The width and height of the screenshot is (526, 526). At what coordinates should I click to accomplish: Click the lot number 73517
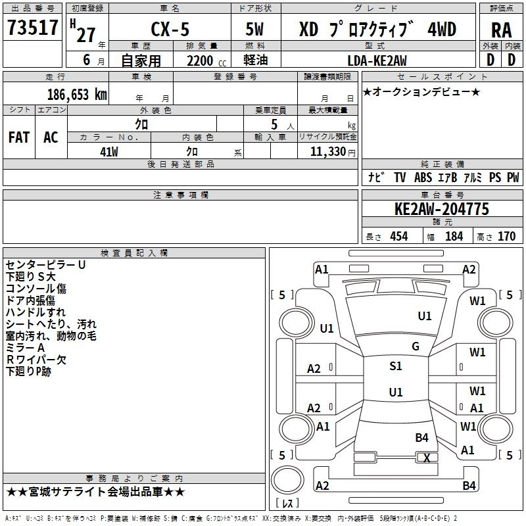32,28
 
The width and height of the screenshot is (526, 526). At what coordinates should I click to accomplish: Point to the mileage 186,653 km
77,95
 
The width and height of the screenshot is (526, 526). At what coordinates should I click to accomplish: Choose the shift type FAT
18,137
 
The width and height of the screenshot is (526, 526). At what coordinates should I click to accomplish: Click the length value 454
398,237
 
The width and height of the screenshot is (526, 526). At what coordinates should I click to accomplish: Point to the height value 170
506,237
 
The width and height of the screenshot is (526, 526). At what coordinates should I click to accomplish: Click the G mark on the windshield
415,347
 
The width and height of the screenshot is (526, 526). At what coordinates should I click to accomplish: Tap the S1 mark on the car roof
395,366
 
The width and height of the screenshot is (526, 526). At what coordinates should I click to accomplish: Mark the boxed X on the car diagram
427,458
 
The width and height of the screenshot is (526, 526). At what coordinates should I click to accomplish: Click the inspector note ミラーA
26,348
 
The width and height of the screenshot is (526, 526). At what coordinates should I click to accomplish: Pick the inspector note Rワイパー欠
36,360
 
